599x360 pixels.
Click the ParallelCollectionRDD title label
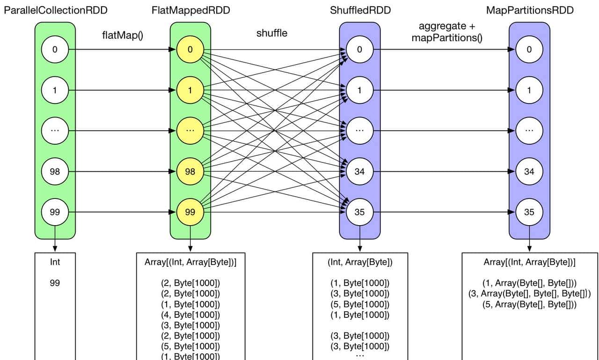tap(55, 10)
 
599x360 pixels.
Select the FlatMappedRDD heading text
tap(190, 10)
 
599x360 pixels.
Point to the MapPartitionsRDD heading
tap(530, 10)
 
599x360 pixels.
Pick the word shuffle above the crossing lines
tap(272, 33)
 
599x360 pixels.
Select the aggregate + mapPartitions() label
tap(446, 32)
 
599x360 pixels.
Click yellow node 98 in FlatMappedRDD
tap(190, 172)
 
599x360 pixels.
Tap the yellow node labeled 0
tap(190, 49)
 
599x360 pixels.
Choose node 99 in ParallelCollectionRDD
tap(55, 212)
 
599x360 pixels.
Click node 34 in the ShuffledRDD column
tap(359, 172)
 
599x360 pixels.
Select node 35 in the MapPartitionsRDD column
tap(529, 212)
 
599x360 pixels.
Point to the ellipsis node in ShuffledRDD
tap(359, 131)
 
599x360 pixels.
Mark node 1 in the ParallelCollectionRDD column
tap(55, 90)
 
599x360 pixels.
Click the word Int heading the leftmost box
tap(55, 262)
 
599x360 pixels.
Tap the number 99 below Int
tap(55, 283)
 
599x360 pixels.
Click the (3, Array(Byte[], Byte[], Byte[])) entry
tap(530, 294)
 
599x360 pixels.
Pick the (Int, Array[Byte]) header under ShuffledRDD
tap(359, 263)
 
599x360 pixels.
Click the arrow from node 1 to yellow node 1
tap(122, 90)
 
